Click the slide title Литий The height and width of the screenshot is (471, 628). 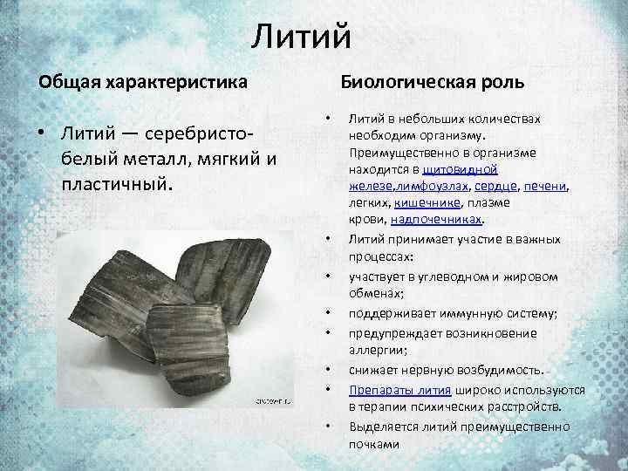pyautogui.click(x=302, y=38)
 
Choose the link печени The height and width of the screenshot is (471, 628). pyautogui.click(x=546, y=185)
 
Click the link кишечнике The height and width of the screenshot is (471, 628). pyautogui.click(x=426, y=201)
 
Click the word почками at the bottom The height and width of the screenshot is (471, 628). pyautogui.click(x=374, y=443)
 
